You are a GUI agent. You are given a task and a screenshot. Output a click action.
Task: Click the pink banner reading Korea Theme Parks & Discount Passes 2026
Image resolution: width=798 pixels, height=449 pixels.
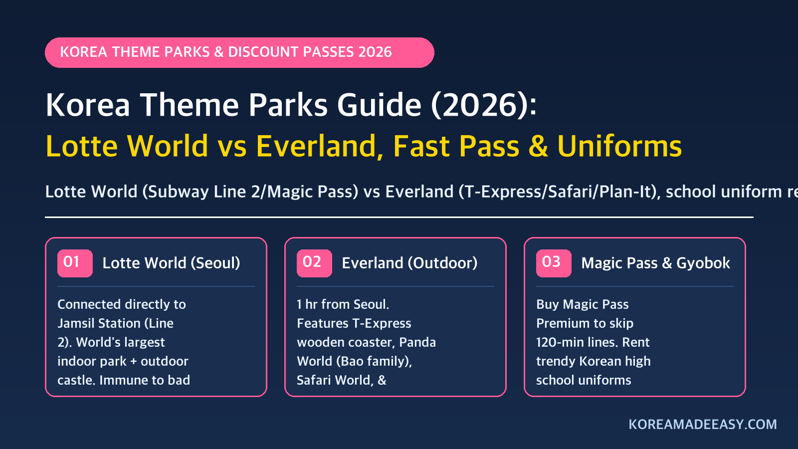tap(239, 52)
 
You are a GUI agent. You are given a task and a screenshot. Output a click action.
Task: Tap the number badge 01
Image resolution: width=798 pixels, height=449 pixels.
tap(75, 263)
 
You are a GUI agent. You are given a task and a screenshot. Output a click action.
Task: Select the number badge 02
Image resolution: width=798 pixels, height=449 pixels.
tap(314, 263)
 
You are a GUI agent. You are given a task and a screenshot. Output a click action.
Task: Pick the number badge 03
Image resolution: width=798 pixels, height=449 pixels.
tap(554, 263)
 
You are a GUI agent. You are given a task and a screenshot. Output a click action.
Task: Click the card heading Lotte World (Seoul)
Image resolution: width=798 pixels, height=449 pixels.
tap(172, 263)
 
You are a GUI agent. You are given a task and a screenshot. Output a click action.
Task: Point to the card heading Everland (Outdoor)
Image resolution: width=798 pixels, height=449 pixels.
tap(409, 263)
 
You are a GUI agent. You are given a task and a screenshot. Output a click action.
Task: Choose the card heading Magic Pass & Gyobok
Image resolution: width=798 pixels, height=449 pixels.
tap(655, 263)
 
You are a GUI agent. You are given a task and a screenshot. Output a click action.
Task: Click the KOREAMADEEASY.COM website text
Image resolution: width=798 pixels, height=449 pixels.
tap(703, 425)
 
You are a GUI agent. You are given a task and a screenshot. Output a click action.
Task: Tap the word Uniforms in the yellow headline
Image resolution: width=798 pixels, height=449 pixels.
tap(619, 146)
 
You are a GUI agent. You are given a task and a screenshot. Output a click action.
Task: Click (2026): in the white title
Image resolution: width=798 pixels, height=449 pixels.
tap(484, 105)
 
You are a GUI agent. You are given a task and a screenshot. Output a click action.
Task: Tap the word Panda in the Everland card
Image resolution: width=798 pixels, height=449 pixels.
tap(417, 342)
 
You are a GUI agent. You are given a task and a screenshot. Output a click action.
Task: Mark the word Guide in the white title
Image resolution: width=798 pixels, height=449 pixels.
tap(380, 105)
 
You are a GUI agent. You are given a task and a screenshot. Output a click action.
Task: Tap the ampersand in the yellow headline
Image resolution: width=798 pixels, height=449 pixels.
tap(538, 146)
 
